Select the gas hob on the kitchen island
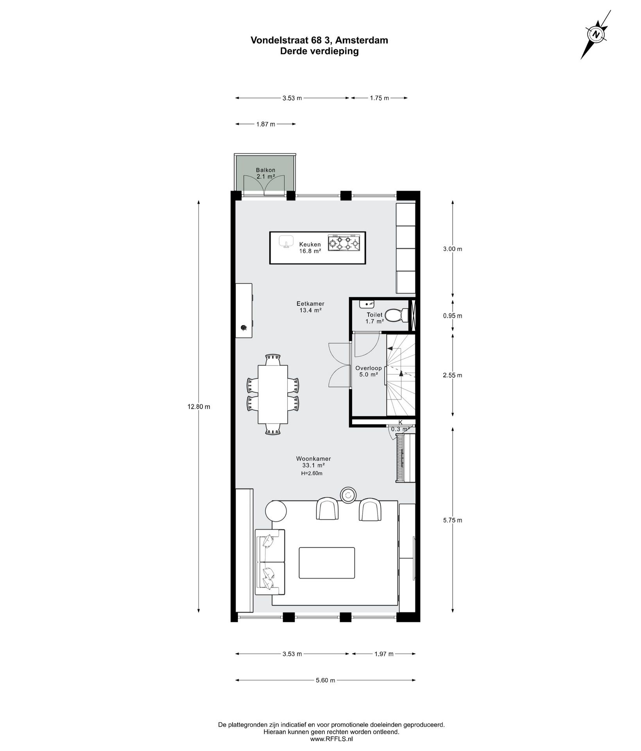[x=344, y=242]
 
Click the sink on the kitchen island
[x=286, y=241]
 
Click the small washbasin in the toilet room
[x=367, y=304]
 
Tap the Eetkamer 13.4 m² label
[x=310, y=307]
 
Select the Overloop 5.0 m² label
[x=368, y=371]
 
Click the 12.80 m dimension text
[x=199, y=407]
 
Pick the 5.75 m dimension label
[x=453, y=520]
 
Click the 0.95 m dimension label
[x=453, y=316]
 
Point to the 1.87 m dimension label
[x=265, y=124]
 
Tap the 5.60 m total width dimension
[x=325, y=691]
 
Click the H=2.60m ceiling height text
[x=312, y=473]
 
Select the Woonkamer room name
[x=313, y=459]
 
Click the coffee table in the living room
[x=327, y=562]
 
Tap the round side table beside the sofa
[x=276, y=511]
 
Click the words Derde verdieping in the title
[x=319, y=51]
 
